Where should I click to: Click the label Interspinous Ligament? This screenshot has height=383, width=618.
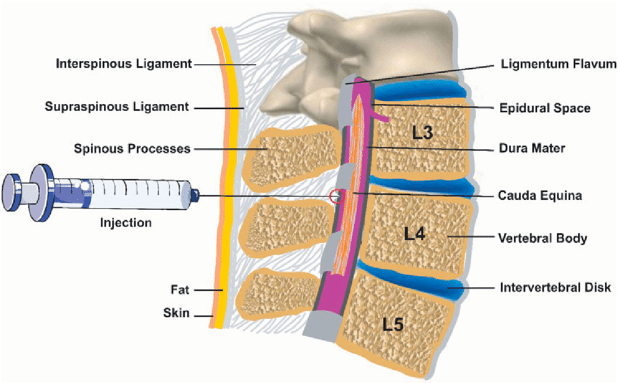click(123, 63)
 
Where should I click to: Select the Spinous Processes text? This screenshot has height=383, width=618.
click(132, 149)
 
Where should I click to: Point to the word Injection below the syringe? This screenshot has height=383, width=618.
click(126, 222)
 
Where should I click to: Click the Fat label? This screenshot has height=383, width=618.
click(179, 289)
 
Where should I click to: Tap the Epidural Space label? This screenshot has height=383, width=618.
click(545, 108)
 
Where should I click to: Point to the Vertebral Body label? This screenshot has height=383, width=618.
click(543, 237)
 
